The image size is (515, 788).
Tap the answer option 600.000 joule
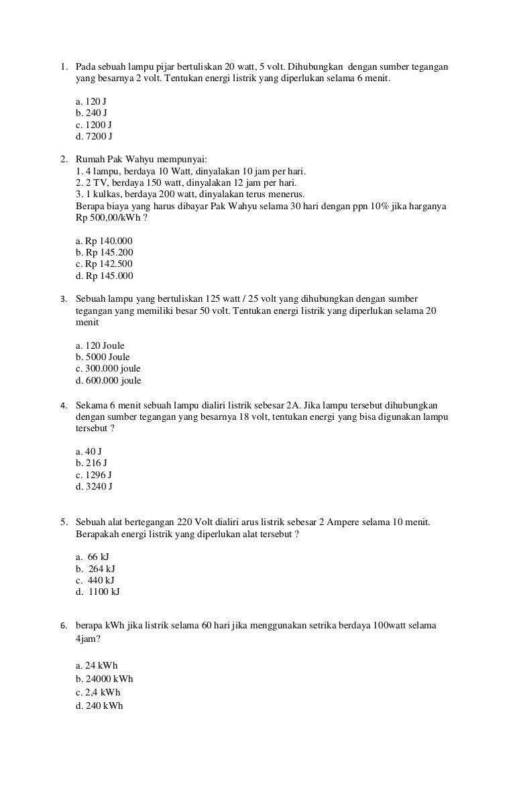[x=109, y=380]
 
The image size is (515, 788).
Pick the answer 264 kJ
[x=98, y=568]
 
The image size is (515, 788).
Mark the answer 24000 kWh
[x=105, y=678]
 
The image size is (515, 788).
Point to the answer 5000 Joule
[x=103, y=357]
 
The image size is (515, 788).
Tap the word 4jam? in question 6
[x=89, y=640]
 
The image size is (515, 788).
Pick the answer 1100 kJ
[x=100, y=592]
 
